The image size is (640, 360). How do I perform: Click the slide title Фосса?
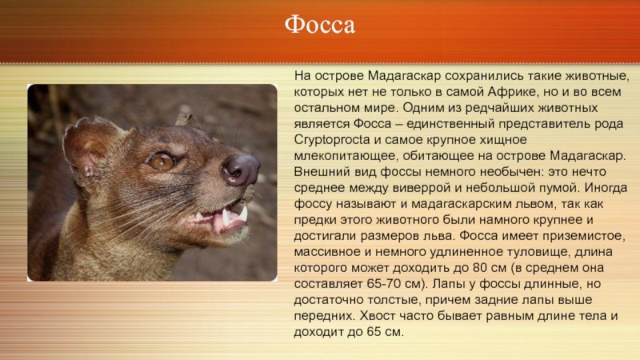319,25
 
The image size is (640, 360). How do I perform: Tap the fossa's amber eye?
162,161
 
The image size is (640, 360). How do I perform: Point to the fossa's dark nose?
241,170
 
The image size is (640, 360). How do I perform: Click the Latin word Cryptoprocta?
332,140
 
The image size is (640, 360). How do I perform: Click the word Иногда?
606,188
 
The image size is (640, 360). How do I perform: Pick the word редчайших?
498,108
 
